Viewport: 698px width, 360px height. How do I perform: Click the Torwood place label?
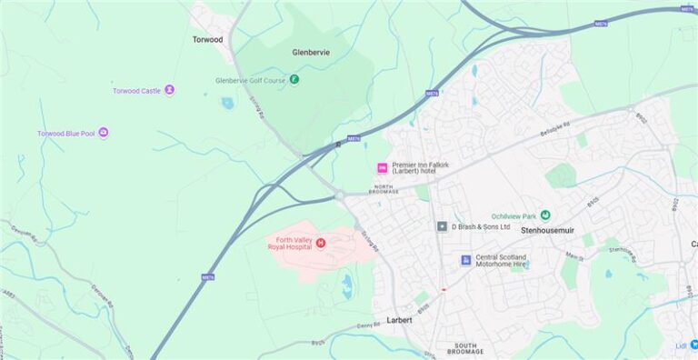pyautogui.click(x=207, y=39)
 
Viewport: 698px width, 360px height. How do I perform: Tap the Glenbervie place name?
pyautogui.click(x=311, y=52)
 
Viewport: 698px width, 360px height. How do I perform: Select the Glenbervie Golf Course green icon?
pyautogui.click(x=294, y=80)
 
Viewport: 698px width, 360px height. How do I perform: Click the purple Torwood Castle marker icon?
pyautogui.click(x=170, y=90)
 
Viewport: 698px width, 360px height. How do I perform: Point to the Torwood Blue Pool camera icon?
pyautogui.click(x=104, y=133)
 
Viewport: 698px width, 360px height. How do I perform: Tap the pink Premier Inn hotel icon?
pyautogui.click(x=382, y=168)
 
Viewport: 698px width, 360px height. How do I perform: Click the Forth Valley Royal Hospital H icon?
pyautogui.click(x=321, y=242)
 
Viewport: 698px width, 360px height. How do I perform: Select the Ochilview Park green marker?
pyautogui.click(x=545, y=215)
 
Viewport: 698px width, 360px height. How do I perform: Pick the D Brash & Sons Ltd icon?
pyautogui.click(x=442, y=226)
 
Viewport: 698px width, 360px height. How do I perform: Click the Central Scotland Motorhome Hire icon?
pyautogui.click(x=465, y=261)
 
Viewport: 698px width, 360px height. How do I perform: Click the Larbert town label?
pyautogui.click(x=399, y=320)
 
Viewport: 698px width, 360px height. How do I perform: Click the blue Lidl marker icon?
pyautogui.click(x=693, y=345)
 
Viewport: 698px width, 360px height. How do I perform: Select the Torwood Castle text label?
pyautogui.click(x=136, y=91)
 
